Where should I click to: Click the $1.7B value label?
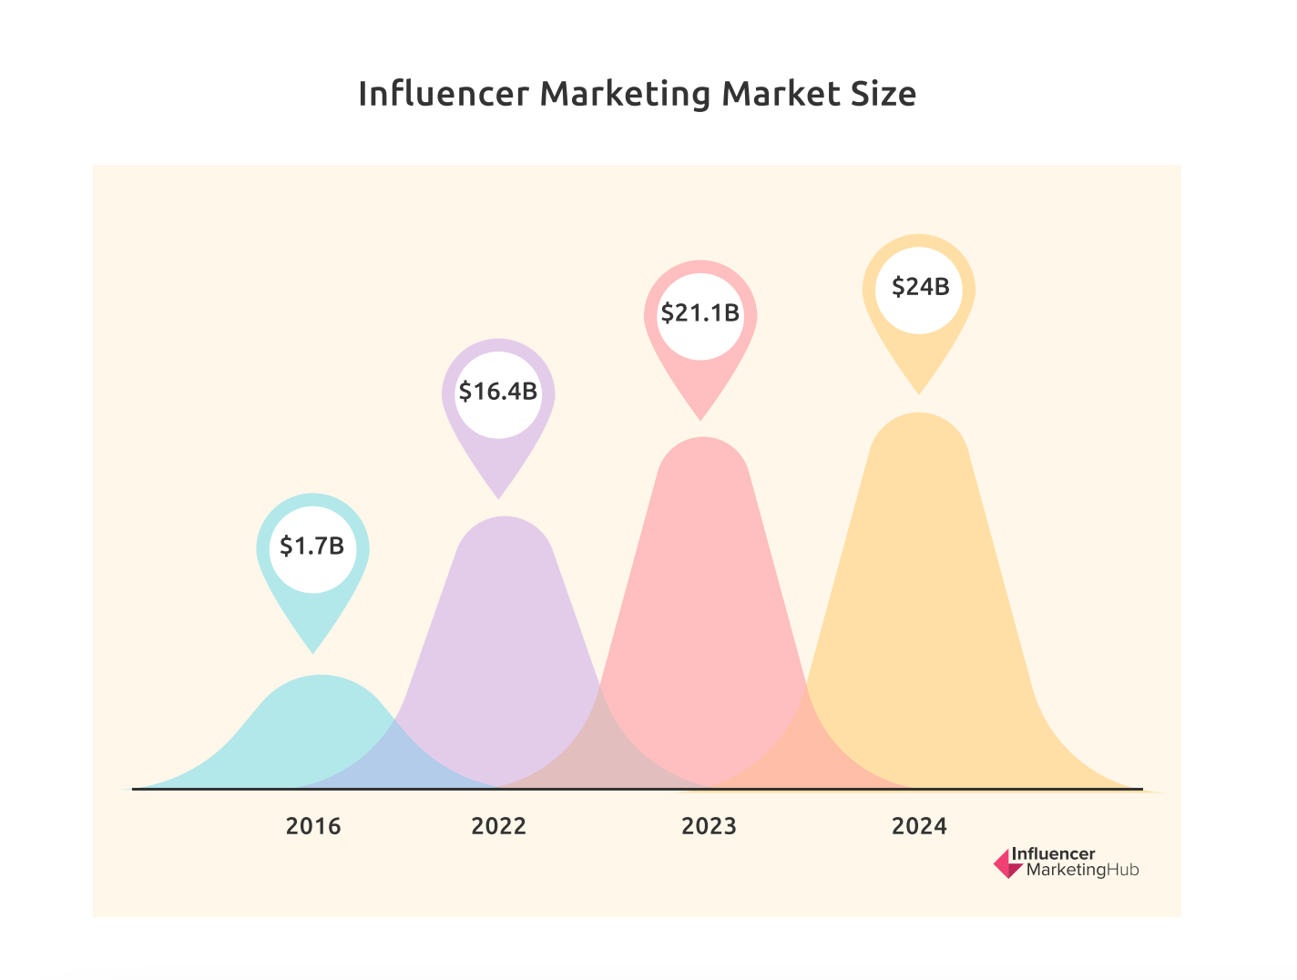312,546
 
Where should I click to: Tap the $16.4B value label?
498,392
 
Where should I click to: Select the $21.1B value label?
700,313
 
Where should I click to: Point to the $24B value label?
920,288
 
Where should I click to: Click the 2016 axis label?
313,826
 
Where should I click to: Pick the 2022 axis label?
498,826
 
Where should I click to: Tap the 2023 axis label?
709,826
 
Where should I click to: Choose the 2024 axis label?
919,826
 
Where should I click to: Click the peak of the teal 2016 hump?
320,677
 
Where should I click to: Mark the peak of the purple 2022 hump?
504,517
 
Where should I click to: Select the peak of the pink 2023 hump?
702,439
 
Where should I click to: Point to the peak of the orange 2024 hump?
919,414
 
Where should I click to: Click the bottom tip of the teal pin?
313,652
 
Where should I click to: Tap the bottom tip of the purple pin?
498,497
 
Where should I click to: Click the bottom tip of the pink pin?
700,419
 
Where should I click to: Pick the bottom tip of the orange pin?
919,393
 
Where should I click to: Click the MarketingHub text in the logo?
1082,871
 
